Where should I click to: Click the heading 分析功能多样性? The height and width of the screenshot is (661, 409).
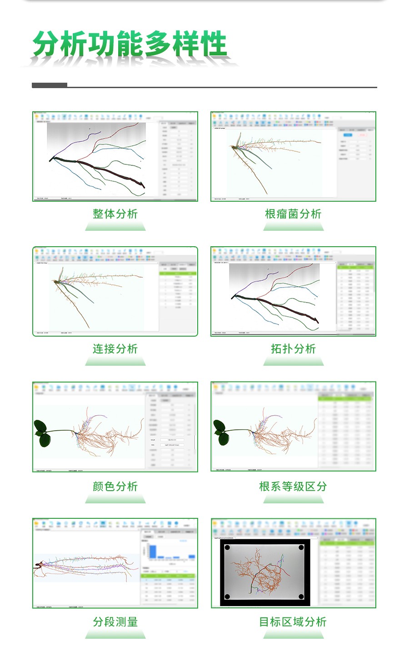130,45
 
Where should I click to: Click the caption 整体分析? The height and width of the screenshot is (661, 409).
115,214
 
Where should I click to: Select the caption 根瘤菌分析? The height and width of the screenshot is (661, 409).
293,214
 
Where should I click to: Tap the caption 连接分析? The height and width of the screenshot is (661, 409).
115,349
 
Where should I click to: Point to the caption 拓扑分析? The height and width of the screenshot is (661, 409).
293,349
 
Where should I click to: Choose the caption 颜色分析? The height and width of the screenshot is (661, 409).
115,487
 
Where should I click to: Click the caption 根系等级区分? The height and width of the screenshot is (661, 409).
293,487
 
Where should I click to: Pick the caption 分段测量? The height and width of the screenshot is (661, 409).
115,622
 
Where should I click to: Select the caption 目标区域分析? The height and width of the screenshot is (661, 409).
293,622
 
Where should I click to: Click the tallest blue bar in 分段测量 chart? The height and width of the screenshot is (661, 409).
153,551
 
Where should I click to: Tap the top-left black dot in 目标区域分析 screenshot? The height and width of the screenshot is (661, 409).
228,547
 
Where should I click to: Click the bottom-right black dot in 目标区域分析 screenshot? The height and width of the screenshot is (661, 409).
301,596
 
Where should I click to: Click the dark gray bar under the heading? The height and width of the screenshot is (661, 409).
50,85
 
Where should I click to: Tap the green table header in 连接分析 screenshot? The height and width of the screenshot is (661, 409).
178,274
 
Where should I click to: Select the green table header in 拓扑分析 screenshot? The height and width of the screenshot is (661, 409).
356,268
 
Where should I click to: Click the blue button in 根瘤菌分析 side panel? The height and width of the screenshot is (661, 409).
348,135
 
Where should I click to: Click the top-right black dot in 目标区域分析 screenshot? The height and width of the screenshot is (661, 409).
301,547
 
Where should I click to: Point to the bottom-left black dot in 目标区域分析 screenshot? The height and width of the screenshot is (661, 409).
228,596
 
